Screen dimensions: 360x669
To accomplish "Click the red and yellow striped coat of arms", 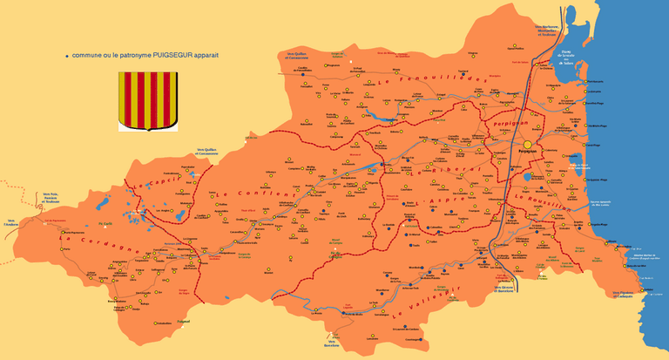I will click(148, 100).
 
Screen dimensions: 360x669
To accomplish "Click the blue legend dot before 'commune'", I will click(67, 56).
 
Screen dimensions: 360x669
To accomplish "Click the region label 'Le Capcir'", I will click(156, 181).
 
